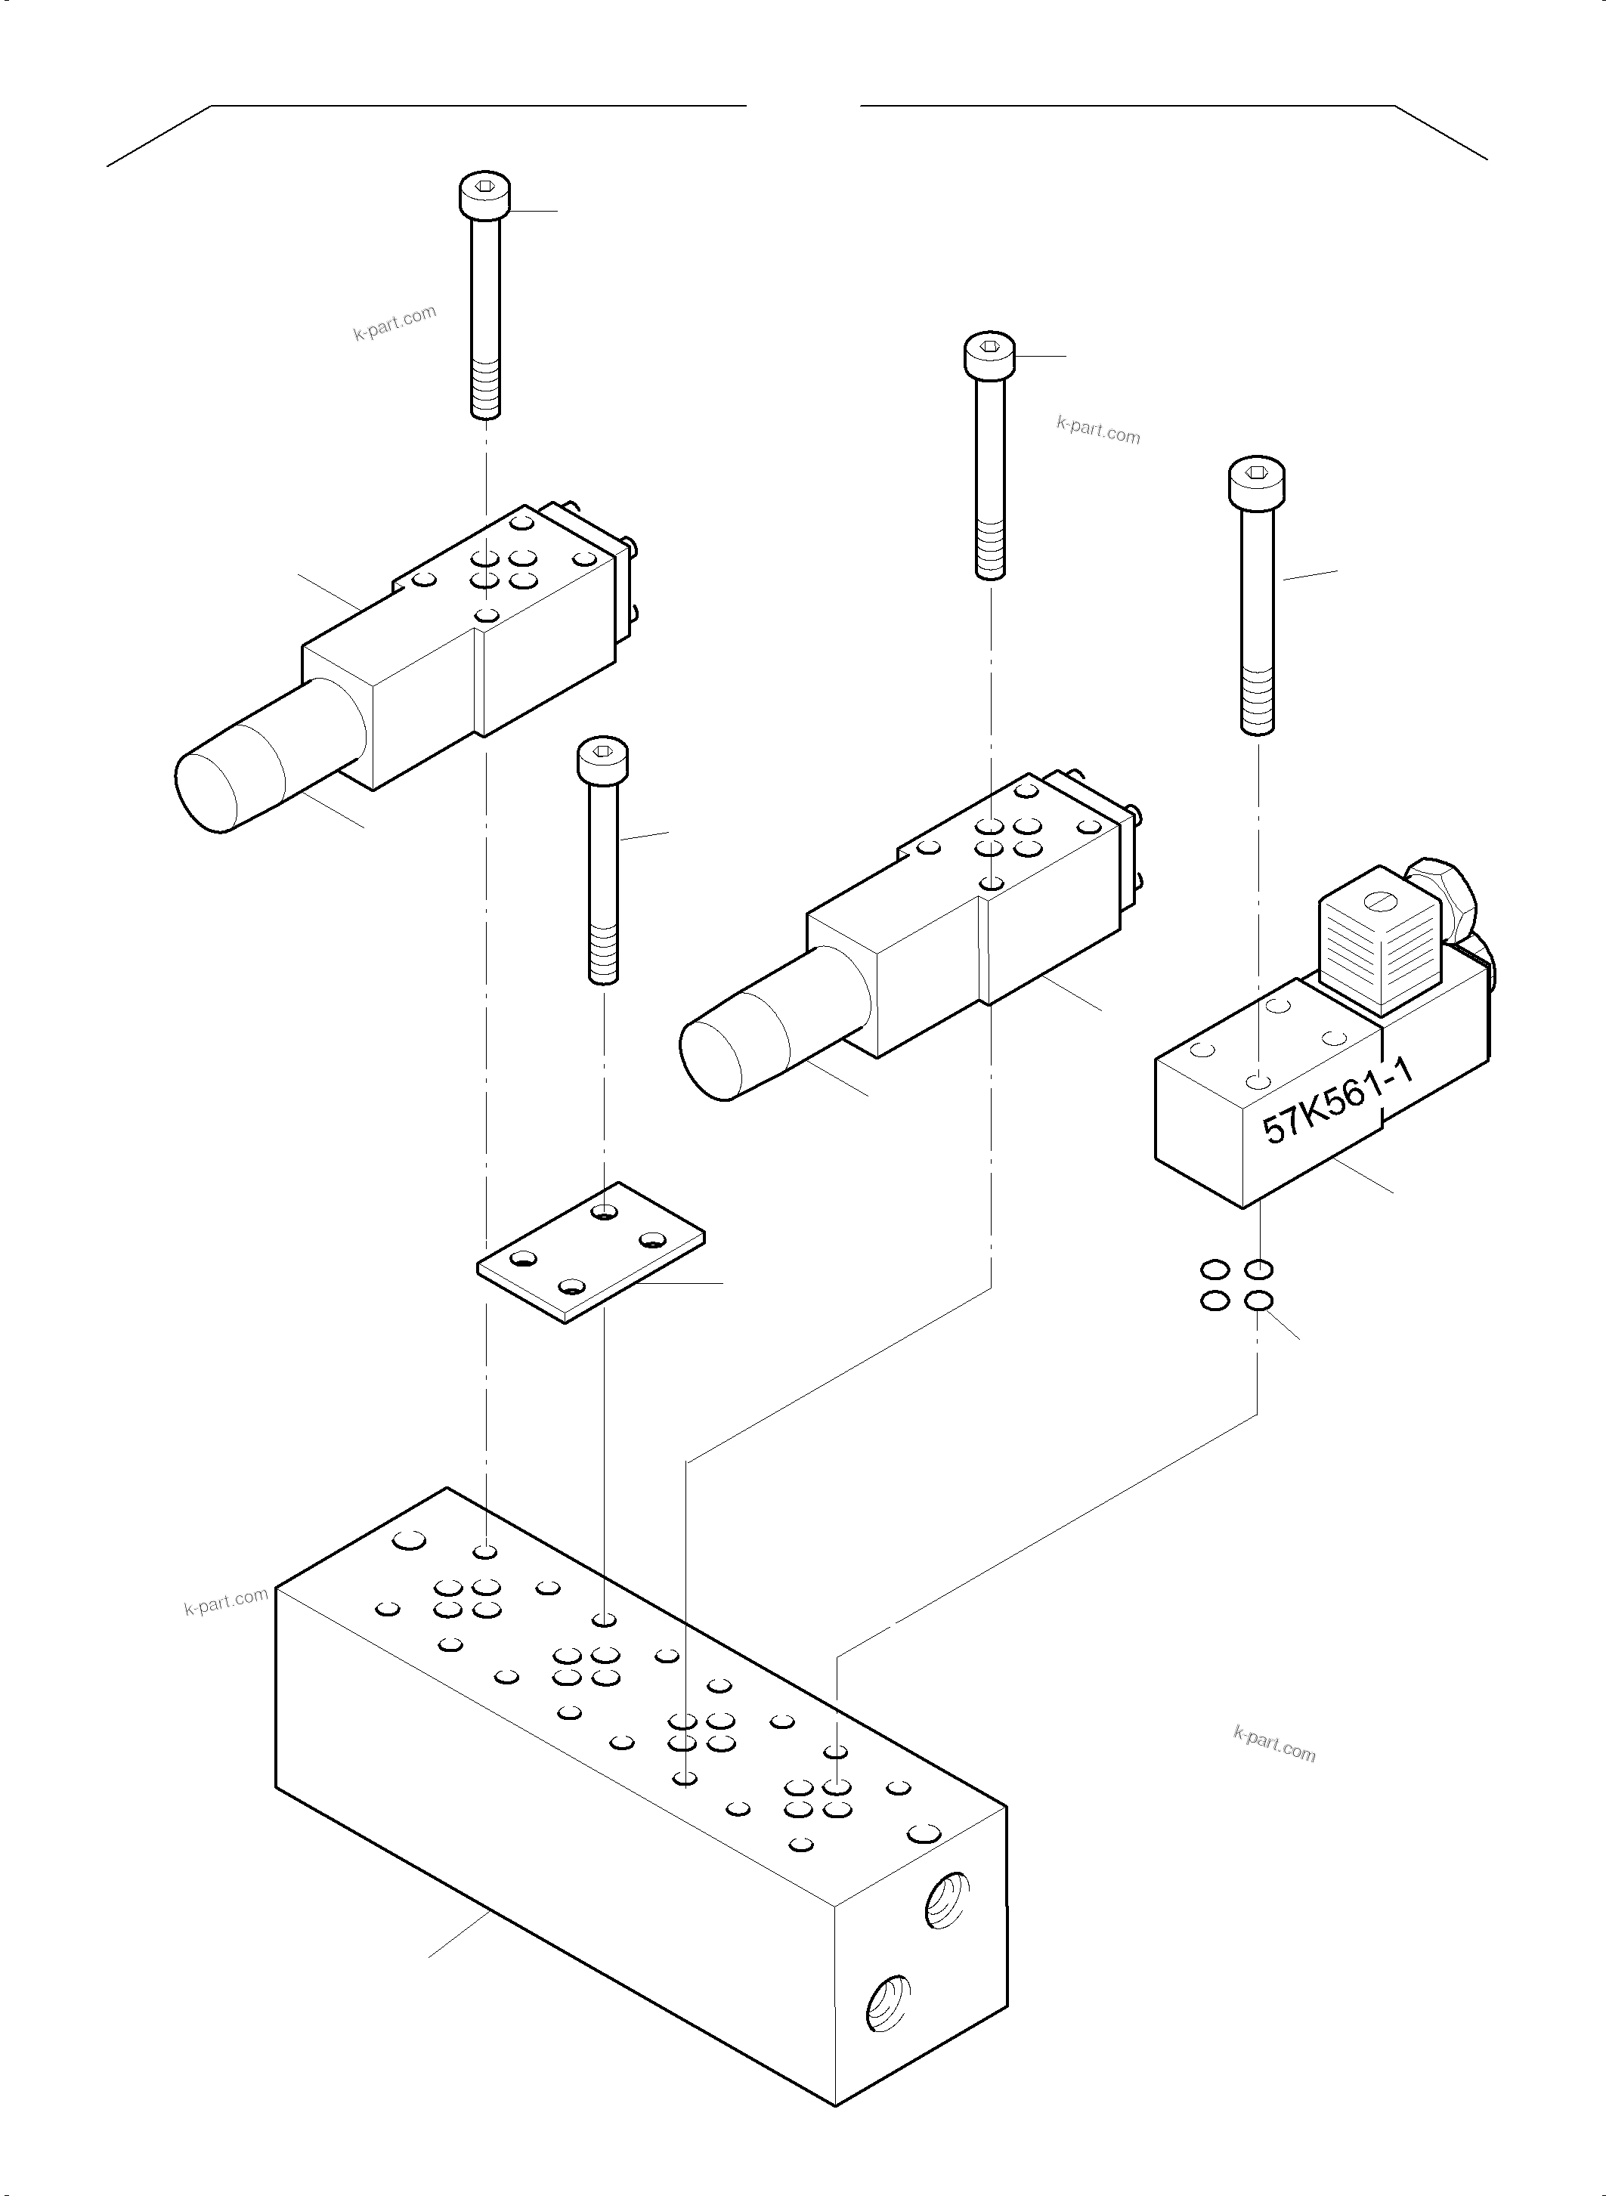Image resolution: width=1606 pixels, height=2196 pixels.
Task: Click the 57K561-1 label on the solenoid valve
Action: tap(1338, 1102)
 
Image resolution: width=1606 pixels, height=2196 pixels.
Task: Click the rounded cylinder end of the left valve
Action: tap(208, 790)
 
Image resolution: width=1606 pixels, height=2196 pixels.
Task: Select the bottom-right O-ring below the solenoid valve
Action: tap(1259, 1301)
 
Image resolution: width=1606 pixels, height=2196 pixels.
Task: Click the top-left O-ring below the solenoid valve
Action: tap(1213, 1270)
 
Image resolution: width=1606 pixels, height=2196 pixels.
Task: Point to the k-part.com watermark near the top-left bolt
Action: tap(395, 323)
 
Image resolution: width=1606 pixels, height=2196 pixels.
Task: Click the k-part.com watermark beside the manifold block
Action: tap(225, 1601)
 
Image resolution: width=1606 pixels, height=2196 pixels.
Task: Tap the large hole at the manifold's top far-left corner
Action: tap(410, 1539)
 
